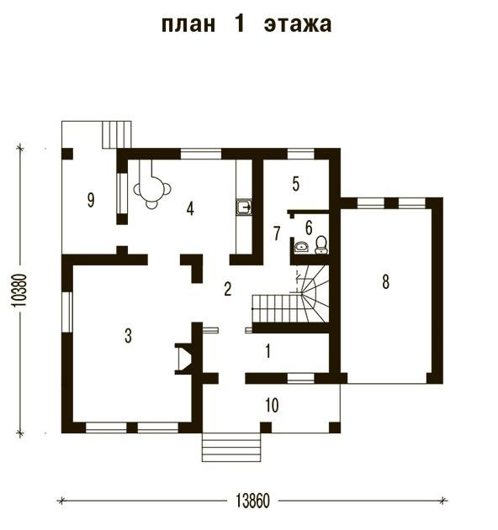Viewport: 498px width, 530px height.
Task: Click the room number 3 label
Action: (128, 336)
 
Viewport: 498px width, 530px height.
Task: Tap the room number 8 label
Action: (385, 281)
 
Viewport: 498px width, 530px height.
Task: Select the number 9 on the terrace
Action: (91, 200)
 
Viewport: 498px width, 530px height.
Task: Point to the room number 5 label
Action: (296, 184)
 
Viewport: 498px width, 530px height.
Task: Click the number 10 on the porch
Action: (272, 405)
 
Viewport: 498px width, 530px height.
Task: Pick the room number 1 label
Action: (268, 351)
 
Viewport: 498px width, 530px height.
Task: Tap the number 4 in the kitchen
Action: (190, 208)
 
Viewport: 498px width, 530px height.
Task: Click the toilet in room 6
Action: (321, 244)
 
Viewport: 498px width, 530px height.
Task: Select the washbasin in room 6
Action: (301, 247)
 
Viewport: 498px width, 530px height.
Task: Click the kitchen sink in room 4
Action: (244, 207)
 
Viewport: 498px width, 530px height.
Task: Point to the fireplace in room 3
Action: (184, 359)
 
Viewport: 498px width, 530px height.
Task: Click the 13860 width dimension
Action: (252, 501)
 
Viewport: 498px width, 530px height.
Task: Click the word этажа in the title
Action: (298, 24)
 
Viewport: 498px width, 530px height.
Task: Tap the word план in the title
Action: (188, 24)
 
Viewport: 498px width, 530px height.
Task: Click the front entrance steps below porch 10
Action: (231, 447)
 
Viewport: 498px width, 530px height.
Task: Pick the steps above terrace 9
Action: (117, 134)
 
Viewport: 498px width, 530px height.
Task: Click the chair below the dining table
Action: (151, 204)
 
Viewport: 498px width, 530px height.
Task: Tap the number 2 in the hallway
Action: (227, 289)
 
